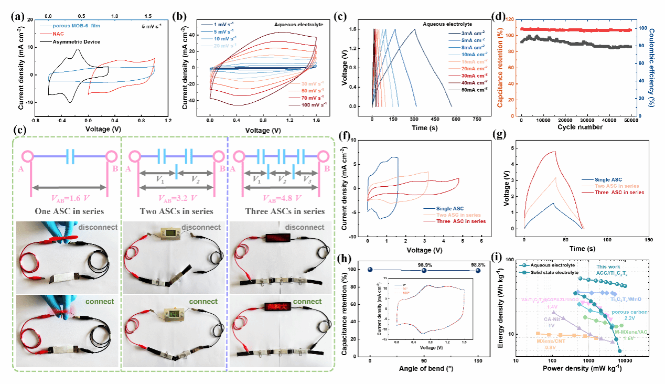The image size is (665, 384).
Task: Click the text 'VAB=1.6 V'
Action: pyautogui.click(x=68, y=199)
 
